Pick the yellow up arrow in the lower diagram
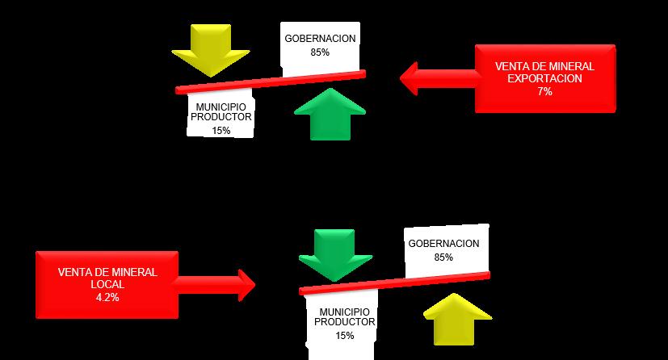pyautogui.click(x=456, y=321)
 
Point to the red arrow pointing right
pyautogui.click(x=214, y=283)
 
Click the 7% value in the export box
pyautogui.click(x=544, y=92)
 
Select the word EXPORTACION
pyautogui.click(x=544, y=80)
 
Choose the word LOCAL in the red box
pyautogui.click(x=107, y=284)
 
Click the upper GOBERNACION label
pyautogui.click(x=320, y=39)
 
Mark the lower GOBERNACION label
pyautogui.click(x=443, y=244)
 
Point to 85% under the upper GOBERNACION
pyautogui.click(x=320, y=52)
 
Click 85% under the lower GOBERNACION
pyautogui.click(x=443, y=257)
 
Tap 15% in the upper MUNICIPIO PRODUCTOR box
pyautogui.click(x=221, y=130)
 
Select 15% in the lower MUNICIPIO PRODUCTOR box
pyautogui.click(x=345, y=335)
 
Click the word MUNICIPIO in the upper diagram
pyautogui.click(x=221, y=105)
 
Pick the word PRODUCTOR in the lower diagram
pyautogui.click(x=345, y=322)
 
